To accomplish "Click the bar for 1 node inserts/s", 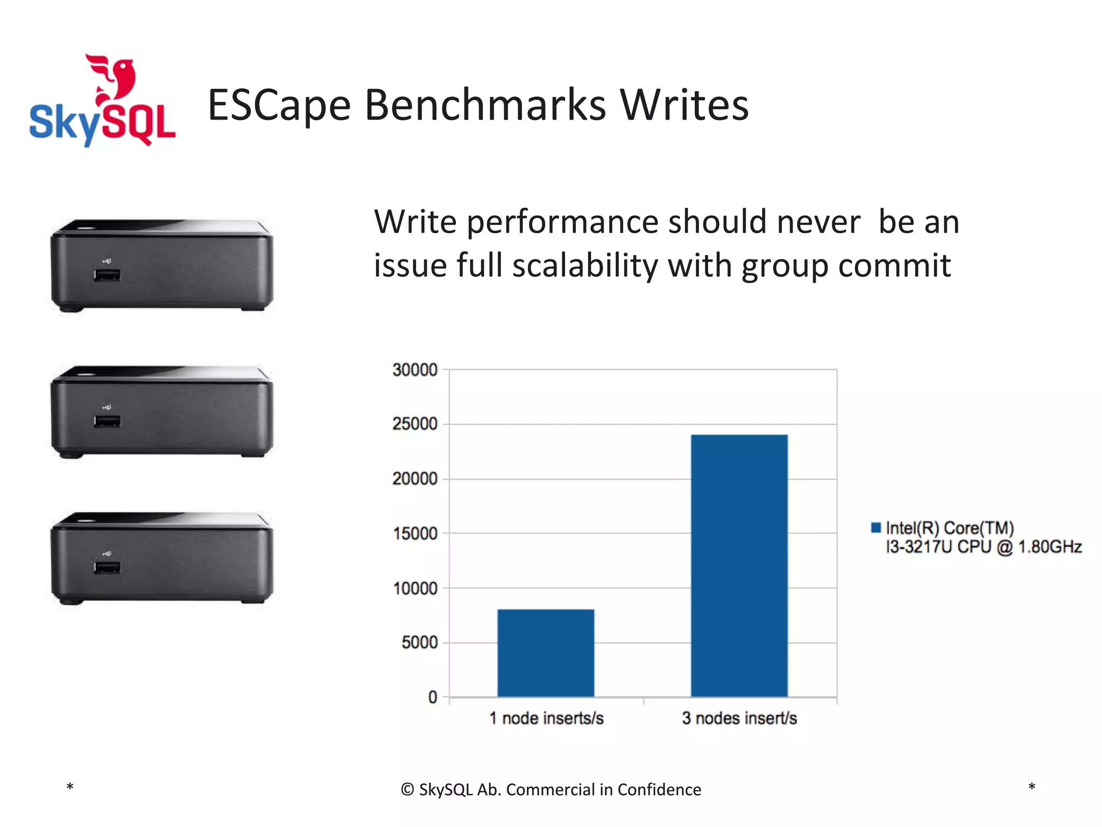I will pos(546,653).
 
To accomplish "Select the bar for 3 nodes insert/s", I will pos(739,565).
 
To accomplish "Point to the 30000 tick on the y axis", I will pos(415,370).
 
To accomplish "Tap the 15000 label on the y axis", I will pos(415,534).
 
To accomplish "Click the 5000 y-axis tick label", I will pos(419,642).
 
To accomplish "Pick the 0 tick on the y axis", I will pos(433,697).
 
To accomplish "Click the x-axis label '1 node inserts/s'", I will pos(546,718).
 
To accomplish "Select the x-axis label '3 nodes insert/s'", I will pos(739,718).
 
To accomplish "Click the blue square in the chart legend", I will pos(876,528).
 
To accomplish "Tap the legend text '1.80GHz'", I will pos(1050,547).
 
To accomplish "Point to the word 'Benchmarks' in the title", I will pos(485,104).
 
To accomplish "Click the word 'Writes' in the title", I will pos(684,104).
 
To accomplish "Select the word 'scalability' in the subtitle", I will pos(585,265).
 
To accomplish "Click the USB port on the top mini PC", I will pos(107,275).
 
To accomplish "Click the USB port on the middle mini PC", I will pos(107,422).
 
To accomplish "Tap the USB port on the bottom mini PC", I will pos(107,568).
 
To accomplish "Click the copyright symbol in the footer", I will pos(407,789).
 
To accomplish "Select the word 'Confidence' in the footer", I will pos(659,789).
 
